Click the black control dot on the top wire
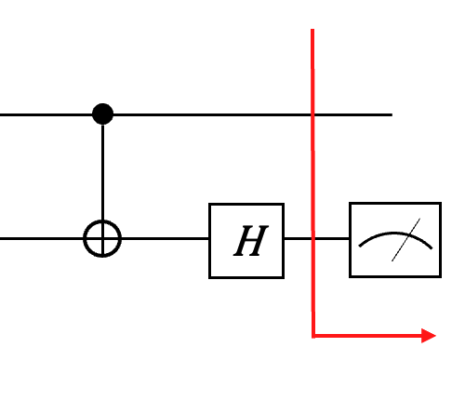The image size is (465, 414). (102, 114)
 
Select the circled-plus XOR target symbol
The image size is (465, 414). (102, 238)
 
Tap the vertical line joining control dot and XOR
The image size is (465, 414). (102, 172)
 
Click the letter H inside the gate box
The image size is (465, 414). (251, 241)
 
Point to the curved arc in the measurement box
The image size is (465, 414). (395, 234)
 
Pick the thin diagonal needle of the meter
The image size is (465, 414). (405, 240)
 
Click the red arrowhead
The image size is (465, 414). (429, 336)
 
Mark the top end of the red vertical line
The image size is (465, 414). (312, 30)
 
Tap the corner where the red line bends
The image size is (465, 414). (313, 336)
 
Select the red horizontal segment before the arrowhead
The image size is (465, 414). (367, 336)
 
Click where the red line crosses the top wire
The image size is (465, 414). (312, 114)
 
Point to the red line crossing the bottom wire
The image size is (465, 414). (313, 238)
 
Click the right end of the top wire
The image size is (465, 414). (392, 114)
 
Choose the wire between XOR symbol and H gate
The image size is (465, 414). (166, 238)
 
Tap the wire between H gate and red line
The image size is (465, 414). (298, 238)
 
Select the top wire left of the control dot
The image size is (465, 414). (46, 114)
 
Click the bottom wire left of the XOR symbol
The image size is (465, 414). (42, 238)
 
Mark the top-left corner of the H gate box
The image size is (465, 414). (210, 204)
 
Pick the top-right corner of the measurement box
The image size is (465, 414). (441, 203)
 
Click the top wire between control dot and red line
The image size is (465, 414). (212, 114)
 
